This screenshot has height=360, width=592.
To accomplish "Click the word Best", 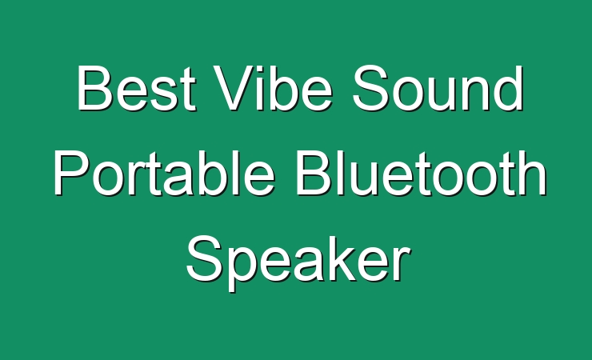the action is tap(137, 88).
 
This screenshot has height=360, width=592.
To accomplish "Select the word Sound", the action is tap(438, 88).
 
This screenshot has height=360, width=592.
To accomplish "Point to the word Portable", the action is tap(164, 173).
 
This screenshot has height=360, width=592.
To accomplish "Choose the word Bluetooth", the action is tap(421, 173).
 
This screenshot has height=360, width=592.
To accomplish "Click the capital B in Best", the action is tap(94, 88).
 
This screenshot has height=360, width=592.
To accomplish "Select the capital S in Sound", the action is tap(371, 88).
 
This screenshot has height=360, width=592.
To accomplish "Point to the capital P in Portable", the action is tap(72, 173).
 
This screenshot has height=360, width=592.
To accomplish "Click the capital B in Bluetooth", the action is tap(313, 173).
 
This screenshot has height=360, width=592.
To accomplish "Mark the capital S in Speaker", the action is tap(206, 258).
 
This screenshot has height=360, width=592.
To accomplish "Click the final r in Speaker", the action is tap(402, 263).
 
